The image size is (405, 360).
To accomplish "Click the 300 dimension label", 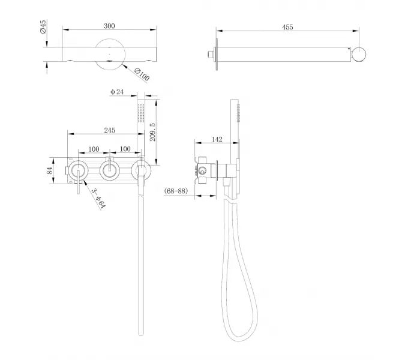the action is (109, 26).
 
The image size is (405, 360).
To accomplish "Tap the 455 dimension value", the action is (287, 27).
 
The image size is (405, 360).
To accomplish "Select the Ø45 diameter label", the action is (43, 26).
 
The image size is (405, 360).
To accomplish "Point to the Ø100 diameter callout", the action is (142, 74).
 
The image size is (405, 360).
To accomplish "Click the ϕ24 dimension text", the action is (117, 92).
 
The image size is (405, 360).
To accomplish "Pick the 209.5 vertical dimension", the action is (152, 132).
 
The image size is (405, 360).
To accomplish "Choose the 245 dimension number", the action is (110, 130).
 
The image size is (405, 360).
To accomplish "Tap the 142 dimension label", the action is (217, 139).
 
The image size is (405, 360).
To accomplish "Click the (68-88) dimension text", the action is (176, 191).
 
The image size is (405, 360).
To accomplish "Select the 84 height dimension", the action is (50, 170).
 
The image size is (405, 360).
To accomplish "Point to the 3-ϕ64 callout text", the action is (98, 199).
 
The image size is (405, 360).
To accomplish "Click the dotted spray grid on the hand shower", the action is (141, 113).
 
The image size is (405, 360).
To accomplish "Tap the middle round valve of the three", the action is (110, 170).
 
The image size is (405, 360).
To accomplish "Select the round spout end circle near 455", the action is (359, 55).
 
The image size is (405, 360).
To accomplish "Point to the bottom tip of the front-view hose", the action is (141, 335).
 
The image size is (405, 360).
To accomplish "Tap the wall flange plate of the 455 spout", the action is (217, 55).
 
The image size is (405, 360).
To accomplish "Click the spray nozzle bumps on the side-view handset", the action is (238, 113).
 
